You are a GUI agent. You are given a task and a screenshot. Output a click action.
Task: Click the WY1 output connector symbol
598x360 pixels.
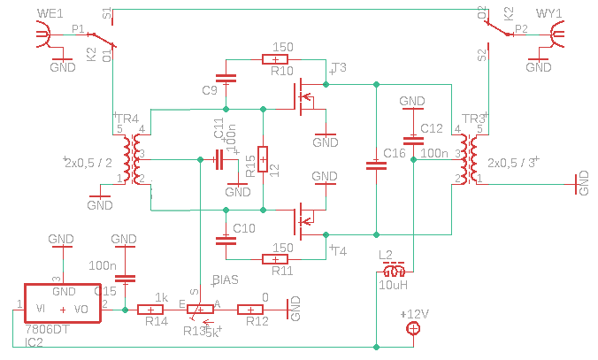pos(560,35)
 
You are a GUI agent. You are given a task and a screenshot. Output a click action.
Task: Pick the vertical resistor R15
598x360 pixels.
pos(262,159)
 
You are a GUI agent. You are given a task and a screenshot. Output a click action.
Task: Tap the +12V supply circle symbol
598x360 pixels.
pos(413,330)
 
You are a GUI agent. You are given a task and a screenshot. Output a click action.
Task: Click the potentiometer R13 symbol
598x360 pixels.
pos(202,310)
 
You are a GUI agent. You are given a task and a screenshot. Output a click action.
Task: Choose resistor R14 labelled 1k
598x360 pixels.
pos(156,310)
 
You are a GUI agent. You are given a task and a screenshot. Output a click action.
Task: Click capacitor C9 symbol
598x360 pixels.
pos(226,78)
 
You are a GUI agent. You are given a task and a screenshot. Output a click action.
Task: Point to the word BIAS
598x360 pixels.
pos(227,280)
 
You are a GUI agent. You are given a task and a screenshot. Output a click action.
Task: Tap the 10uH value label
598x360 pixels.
pos(393,285)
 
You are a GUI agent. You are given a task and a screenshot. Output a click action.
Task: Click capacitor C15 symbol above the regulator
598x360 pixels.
pos(126,278)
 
